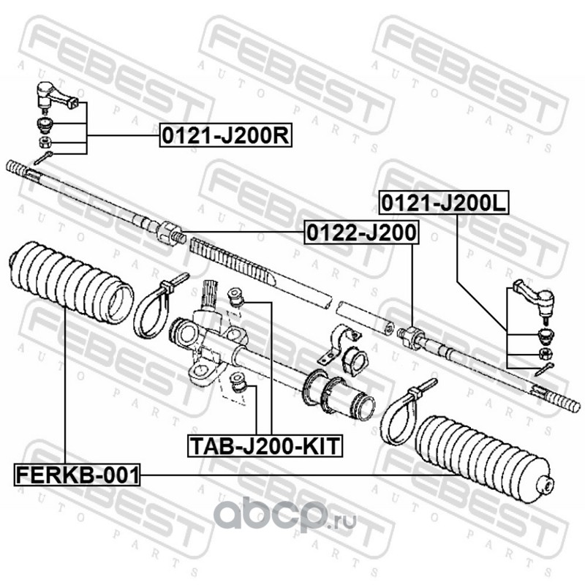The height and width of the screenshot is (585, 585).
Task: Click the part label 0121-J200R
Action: (226, 136)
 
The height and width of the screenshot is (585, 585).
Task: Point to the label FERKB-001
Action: (77, 475)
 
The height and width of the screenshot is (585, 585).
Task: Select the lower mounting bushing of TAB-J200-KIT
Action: (238, 382)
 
